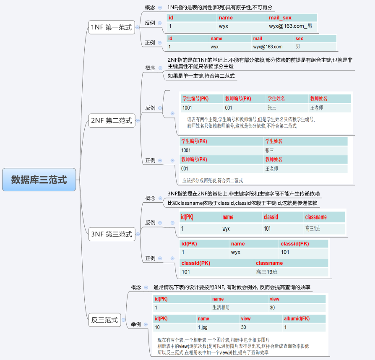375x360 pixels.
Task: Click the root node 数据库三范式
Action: [x=39, y=180]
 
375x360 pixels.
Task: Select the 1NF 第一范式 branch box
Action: [x=111, y=28]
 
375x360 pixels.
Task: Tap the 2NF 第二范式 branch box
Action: [x=112, y=121]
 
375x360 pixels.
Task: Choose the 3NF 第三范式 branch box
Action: [x=112, y=234]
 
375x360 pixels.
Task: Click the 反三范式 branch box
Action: [x=104, y=320]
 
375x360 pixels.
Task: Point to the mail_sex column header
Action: [x=280, y=18]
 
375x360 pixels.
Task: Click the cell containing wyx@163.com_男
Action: [x=290, y=26]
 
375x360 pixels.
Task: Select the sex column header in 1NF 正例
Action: [x=299, y=39]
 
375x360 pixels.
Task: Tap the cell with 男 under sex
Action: [x=298, y=47]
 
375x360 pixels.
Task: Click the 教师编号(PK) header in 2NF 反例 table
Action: [x=238, y=99]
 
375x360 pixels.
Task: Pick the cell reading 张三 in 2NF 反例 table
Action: [x=272, y=108]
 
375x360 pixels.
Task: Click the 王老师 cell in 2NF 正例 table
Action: [x=272, y=169]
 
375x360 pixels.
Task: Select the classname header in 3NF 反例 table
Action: [x=316, y=217]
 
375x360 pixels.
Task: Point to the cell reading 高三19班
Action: [x=267, y=272]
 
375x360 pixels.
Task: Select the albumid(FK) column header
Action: [x=297, y=318]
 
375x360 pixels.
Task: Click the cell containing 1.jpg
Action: [x=203, y=327]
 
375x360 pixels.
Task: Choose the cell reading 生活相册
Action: [x=221, y=308]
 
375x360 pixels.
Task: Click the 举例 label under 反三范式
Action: [x=136, y=324]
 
